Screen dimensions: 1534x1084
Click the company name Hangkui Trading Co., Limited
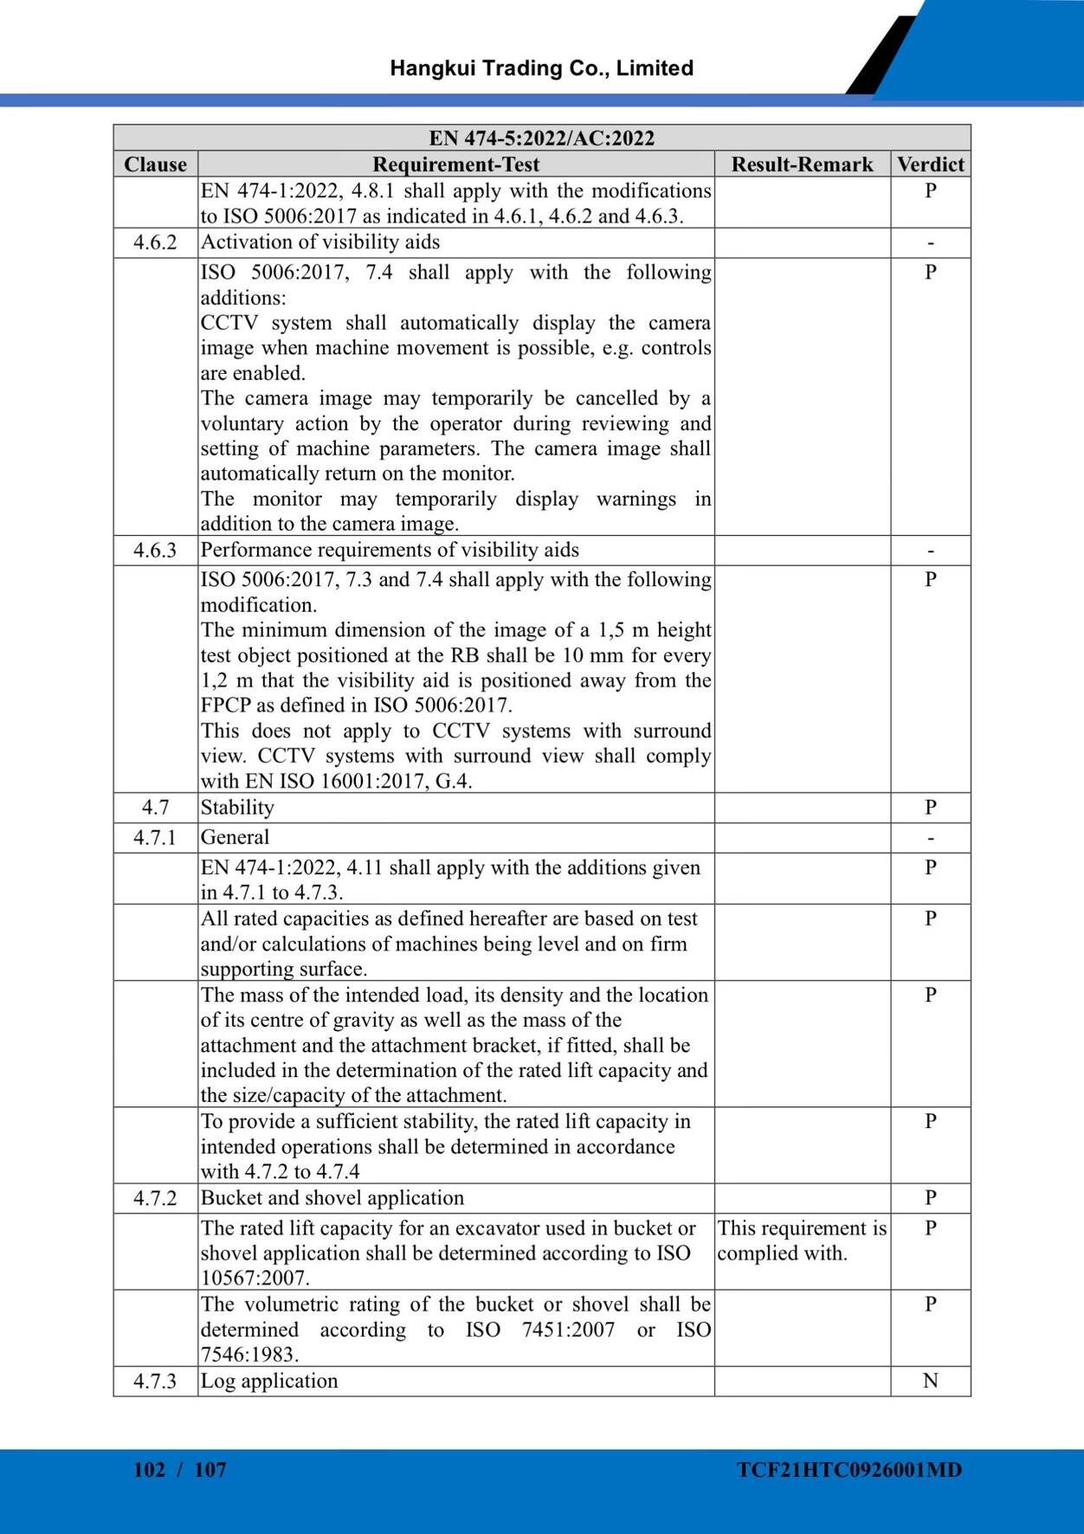tap(541, 68)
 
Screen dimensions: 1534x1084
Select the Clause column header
tap(155, 164)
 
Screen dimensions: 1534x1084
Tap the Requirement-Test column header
tap(455, 164)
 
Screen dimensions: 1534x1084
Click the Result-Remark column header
tap(802, 164)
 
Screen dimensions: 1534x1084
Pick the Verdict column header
tap(931, 164)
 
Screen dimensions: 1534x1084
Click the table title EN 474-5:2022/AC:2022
tap(541, 139)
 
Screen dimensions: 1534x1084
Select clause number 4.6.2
tap(155, 242)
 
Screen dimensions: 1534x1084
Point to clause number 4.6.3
tap(155, 551)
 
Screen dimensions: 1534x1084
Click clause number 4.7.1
tap(155, 838)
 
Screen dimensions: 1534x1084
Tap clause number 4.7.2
tap(155, 1198)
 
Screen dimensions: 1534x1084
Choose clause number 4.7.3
tap(155, 1381)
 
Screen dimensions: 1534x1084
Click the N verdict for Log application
tap(931, 1381)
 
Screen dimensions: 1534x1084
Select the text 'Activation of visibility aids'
tap(320, 242)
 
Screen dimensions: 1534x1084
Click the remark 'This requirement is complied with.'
tap(802, 1241)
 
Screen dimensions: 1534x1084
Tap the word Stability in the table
tap(237, 808)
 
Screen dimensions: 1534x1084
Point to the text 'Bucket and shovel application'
tap(332, 1198)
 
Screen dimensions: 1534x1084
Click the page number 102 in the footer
tap(149, 1470)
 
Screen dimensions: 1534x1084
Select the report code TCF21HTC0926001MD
tap(849, 1470)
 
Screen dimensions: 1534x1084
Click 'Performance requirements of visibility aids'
tap(390, 551)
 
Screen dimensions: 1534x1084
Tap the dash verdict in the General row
tap(931, 838)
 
